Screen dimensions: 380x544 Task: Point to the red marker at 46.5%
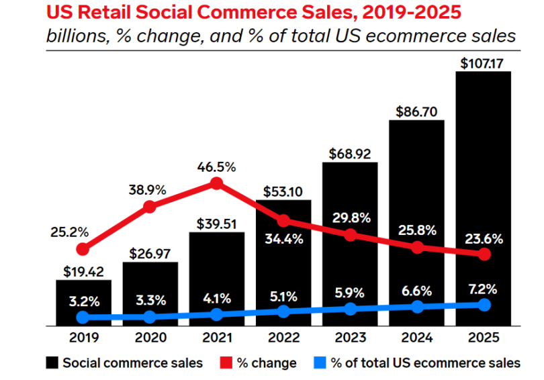[x=216, y=183]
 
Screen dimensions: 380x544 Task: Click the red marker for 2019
[x=83, y=249]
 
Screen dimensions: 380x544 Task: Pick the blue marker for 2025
[x=484, y=305]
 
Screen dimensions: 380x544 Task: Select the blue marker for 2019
[x=83, y=317]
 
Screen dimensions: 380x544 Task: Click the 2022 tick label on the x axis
[x=283, y=338]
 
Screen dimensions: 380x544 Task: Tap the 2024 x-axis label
[x=416, y=338]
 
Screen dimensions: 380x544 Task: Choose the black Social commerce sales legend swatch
[x=52, y=363]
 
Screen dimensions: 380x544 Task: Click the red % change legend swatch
[x=227, y=363]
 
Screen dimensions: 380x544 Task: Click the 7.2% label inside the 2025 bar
[x=483, y=290]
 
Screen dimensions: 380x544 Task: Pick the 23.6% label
[x=483, y=240]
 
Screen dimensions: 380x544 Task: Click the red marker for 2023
[x=350, y=235]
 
